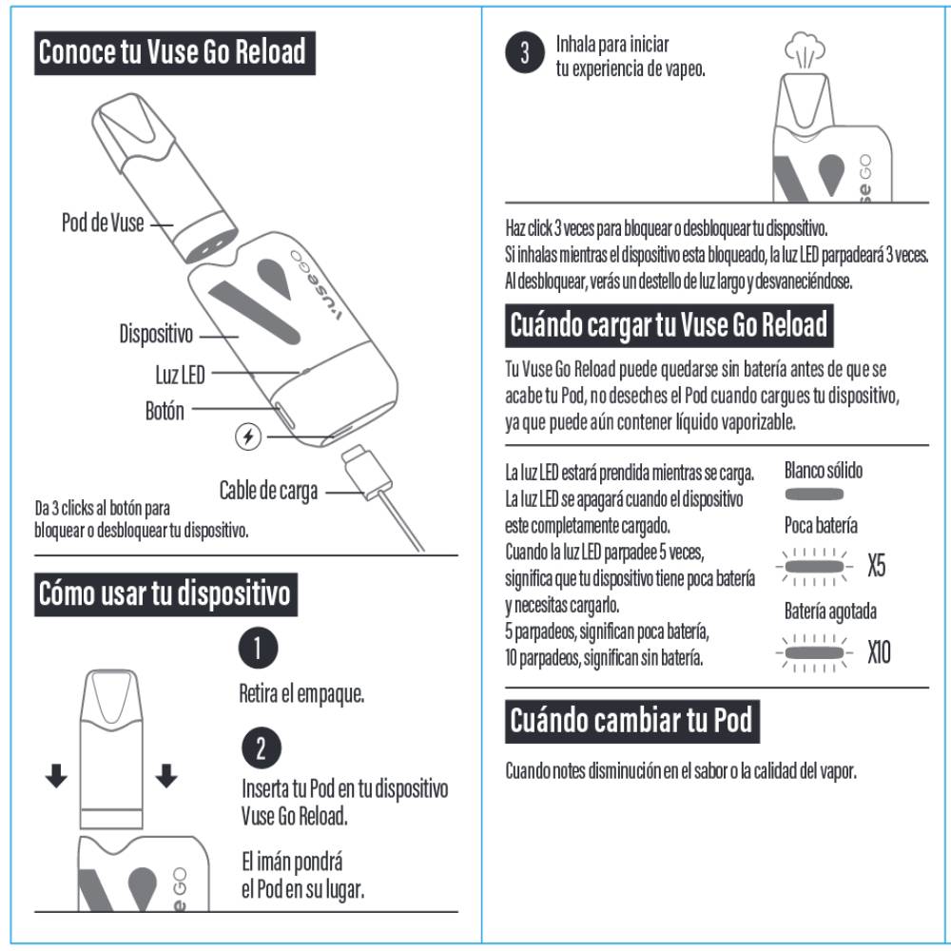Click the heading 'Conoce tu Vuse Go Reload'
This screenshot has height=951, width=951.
pos(174,53)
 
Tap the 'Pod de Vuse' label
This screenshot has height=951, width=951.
pos(103,224)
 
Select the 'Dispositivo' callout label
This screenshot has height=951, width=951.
pos(156,335)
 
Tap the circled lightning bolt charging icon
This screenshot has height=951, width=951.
pos(247,437)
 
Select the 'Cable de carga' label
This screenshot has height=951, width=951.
pos(268,491)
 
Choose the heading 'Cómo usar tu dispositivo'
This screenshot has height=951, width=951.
pos(165,594)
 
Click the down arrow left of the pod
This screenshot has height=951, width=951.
pos(57,777)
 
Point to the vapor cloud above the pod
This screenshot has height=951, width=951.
pos(805,52)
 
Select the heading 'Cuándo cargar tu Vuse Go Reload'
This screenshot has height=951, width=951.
pos(670,325)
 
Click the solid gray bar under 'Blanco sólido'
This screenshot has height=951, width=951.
pos(814,495)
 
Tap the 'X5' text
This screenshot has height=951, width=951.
pos(877,568)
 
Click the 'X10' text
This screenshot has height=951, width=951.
pos(880,653)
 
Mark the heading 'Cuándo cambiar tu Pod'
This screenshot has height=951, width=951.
pos(631,720)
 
